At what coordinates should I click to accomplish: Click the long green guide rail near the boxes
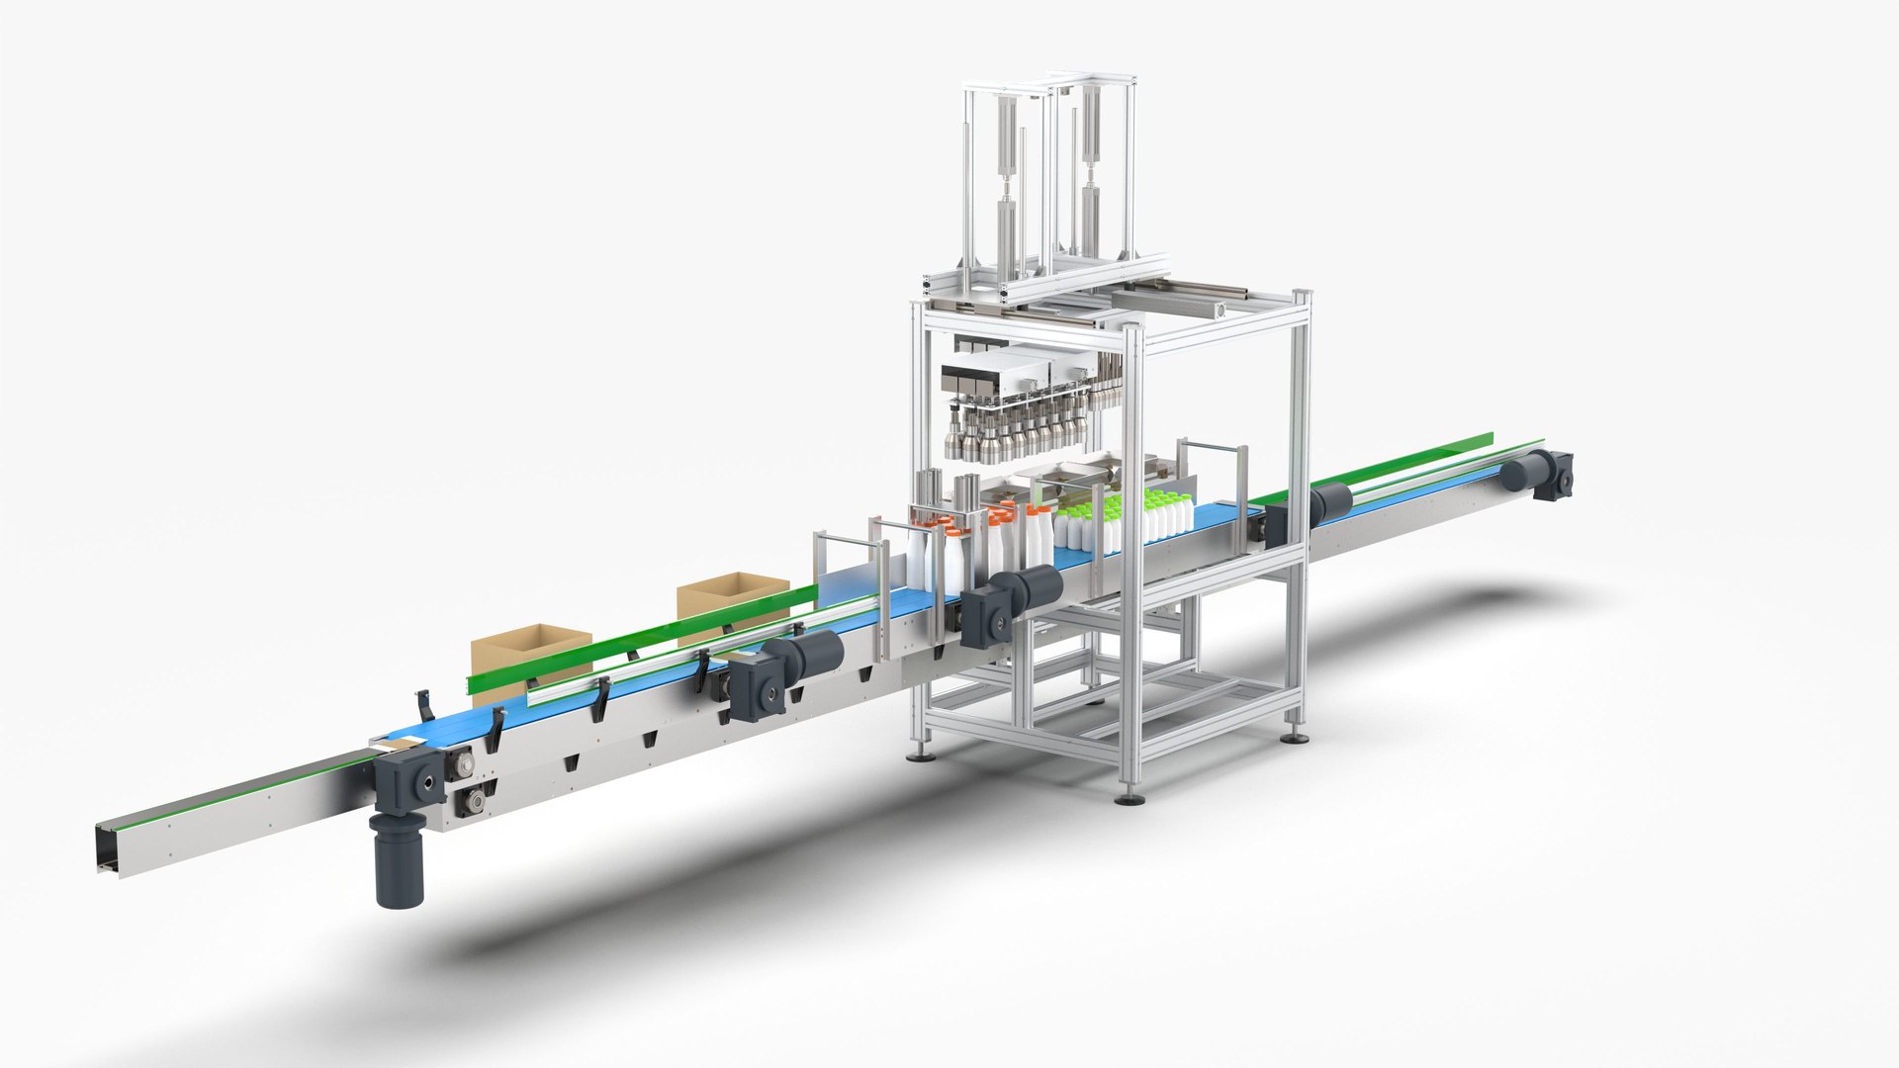pos(643,633)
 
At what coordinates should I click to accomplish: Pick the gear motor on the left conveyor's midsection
pos(781,667)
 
